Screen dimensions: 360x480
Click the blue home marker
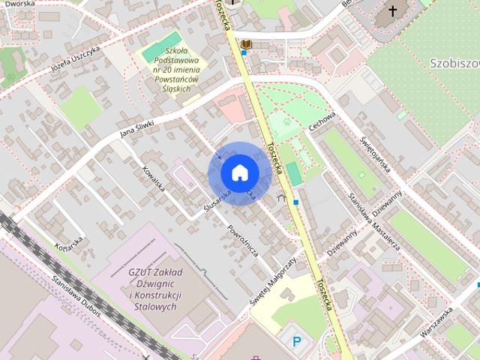(238, 173)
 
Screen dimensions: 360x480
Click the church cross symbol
(392, 11)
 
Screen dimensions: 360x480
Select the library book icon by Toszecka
(245, 45)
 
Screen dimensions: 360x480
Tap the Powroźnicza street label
(243, 239)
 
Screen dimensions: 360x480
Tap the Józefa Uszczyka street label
(75, 53)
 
